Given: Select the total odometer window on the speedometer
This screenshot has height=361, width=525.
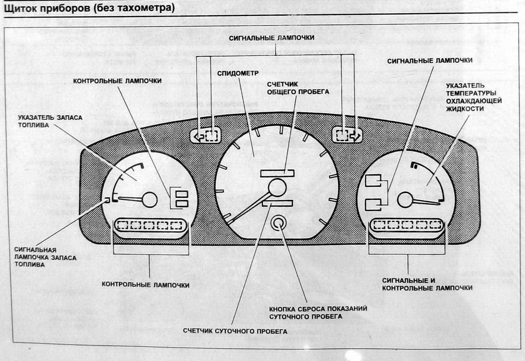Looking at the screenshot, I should (277, 173).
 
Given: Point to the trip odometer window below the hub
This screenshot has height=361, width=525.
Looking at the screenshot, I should (277, 203).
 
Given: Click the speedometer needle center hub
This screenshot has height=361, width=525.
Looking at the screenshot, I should (277, 187).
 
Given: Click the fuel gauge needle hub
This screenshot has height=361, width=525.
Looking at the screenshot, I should (150, 199).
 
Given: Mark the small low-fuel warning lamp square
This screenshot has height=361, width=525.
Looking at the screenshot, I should (107, 200).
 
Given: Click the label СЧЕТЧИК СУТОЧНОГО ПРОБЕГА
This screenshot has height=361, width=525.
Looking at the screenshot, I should (235, 331).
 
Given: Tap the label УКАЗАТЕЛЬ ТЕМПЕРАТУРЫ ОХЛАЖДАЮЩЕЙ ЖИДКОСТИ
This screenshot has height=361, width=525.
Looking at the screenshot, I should (473, 97).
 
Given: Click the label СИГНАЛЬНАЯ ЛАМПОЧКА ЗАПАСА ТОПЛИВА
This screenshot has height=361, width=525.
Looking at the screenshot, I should (42, 256).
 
